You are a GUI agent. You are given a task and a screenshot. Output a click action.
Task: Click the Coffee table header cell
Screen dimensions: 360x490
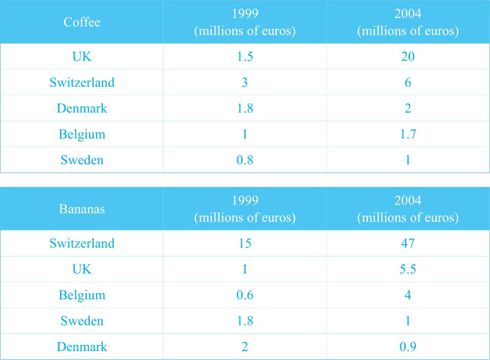point(81,23)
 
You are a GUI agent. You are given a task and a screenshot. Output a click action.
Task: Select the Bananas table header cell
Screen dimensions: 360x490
point(81,210)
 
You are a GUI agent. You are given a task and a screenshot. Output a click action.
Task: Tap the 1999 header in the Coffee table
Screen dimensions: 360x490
point(246,23)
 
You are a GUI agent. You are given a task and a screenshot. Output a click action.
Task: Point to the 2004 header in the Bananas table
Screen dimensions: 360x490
point(407,210)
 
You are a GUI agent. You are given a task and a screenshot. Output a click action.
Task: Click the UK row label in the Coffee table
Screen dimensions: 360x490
point(81,57)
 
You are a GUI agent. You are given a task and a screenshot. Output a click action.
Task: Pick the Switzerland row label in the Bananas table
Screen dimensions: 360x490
point(81,243)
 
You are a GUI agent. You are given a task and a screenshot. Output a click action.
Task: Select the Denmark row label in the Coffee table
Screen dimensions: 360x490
point(81,109)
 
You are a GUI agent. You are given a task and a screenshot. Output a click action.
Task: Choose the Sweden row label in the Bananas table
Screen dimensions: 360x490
point(81,321)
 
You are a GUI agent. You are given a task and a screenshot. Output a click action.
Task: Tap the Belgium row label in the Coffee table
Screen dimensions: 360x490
point(81,135)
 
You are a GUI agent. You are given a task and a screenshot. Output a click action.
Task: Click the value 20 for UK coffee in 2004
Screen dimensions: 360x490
point(407,57)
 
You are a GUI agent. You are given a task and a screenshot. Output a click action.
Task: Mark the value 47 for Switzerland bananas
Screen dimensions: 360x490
point(407,243)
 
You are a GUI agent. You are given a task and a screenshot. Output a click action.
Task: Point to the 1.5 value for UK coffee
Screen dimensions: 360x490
point(246,57)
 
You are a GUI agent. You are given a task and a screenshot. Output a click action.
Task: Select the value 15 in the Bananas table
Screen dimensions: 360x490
point(246,243)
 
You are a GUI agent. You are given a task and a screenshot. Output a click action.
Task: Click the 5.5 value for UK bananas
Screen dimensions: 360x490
point(407,270)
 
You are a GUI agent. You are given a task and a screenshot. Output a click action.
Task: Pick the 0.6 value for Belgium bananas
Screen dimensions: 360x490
point(246,296)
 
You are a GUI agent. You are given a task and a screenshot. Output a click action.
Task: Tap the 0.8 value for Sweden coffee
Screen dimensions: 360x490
point(246,161)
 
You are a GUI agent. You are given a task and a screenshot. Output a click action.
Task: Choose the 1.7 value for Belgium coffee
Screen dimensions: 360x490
point(407,135)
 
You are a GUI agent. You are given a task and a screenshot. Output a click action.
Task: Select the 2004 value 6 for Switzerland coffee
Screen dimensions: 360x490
point(407,83)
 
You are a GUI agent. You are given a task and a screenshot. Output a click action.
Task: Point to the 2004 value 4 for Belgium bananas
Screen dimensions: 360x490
point(407,296)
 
